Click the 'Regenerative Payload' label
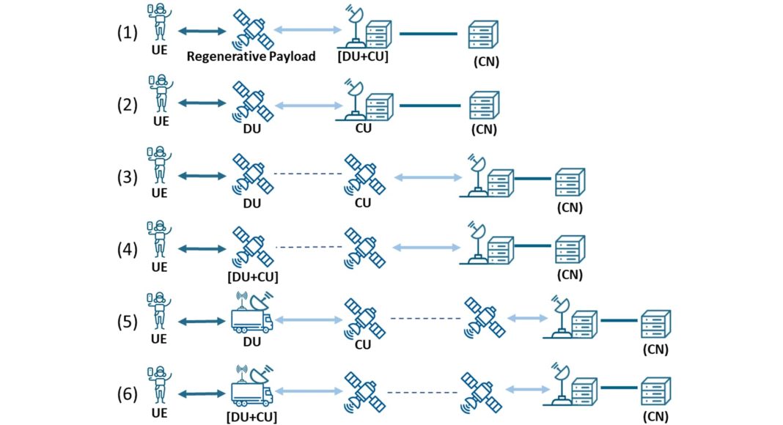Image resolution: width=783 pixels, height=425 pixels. [x=251, y=56]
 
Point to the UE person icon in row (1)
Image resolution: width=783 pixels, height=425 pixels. [x=159, y=23]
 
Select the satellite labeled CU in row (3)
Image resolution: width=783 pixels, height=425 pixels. [x=362, y=174]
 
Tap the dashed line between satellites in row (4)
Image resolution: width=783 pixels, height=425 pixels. [x=307, y=247]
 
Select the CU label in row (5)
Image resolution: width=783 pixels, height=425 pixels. [x=362, y=344]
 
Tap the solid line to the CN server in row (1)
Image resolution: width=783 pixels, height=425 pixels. [x=430, y=33]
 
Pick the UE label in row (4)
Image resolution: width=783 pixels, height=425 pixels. [x=159, y=267]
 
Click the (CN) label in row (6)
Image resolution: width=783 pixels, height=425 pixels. [x=656, y=416]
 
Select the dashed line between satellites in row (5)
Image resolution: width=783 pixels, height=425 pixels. [x=425, y=319]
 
